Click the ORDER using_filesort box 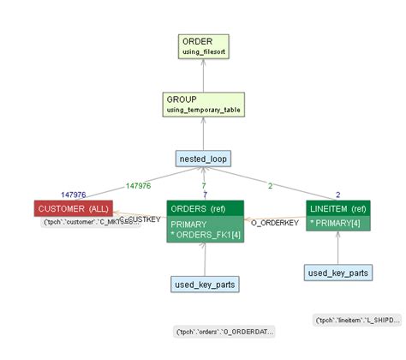202,46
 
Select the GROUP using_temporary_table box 202,105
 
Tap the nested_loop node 204,159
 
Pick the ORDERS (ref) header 205,208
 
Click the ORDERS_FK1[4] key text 205,234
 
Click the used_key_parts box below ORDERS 205,284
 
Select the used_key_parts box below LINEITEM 337,273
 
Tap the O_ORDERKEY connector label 274,223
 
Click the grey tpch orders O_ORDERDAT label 224,332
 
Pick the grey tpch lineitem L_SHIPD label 357,320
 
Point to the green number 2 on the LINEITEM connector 270,184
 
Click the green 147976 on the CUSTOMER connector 138,184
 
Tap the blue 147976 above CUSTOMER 75,195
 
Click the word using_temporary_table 202,111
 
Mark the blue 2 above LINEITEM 337,195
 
